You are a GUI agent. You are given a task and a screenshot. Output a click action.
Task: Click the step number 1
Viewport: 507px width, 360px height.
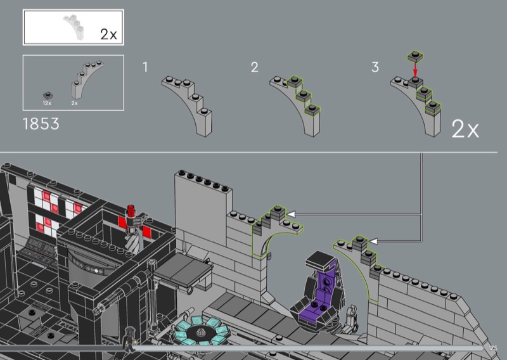(145, 67)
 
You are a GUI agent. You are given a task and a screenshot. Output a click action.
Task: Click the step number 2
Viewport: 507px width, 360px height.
(255, 67)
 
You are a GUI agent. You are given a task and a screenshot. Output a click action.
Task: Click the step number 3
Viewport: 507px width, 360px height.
(375, 67)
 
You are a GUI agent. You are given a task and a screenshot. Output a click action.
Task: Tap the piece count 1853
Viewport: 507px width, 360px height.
(41, 124)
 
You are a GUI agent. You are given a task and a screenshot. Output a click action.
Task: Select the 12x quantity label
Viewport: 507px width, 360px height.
(47, 103)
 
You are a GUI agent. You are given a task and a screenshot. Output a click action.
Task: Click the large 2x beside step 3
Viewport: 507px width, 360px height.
(465, 129)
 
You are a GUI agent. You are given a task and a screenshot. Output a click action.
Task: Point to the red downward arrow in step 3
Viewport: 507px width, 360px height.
(416, 69)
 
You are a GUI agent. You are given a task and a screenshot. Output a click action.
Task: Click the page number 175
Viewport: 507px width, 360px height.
(493, 348)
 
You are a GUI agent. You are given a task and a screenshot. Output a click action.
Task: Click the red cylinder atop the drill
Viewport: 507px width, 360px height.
(131, 211)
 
